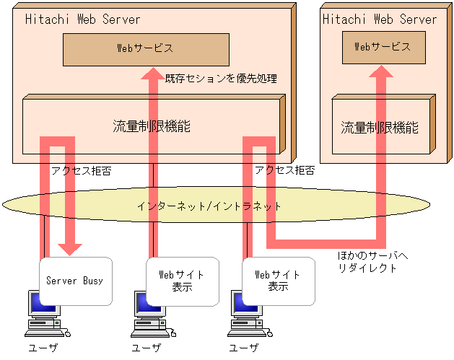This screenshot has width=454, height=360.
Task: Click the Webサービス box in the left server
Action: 146,49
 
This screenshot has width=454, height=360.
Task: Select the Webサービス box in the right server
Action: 383,47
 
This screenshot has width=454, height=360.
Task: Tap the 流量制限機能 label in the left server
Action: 152,126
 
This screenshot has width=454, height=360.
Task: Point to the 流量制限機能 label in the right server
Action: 380,128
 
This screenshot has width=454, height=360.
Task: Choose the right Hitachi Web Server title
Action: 380,19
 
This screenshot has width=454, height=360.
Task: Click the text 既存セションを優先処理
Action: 221,78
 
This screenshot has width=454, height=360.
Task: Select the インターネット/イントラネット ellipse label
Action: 209,206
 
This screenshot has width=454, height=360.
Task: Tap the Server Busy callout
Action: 74,280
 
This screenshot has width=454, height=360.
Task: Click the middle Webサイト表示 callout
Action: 181,279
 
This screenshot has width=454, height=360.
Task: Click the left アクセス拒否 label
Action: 81,171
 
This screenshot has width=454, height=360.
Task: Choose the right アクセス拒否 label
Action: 284,171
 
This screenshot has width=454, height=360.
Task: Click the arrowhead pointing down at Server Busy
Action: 70,249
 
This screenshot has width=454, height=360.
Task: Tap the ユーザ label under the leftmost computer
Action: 43,348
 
